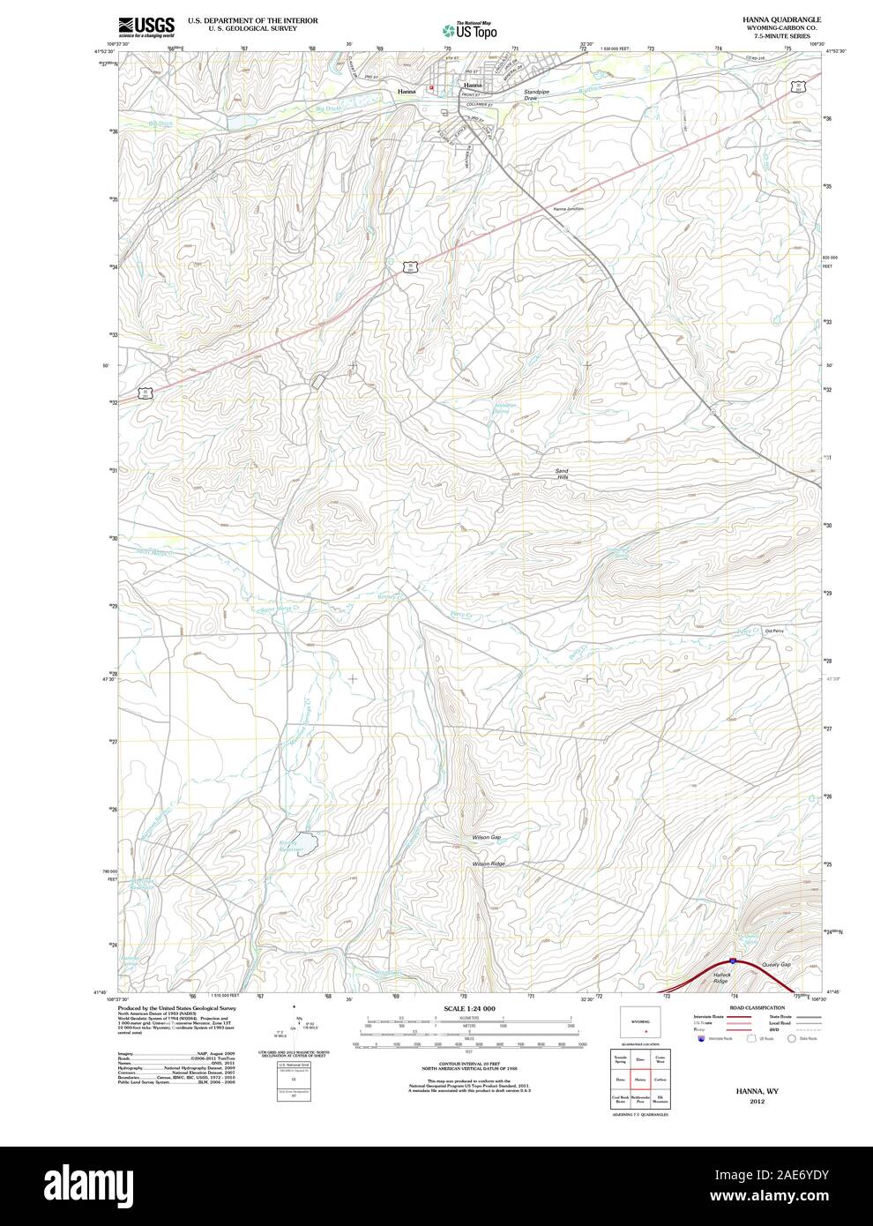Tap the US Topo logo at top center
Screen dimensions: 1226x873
click(x=471, y=30)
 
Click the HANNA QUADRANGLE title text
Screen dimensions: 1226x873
click(x=770, y=19)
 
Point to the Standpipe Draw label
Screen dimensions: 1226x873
click(x=536, y=95)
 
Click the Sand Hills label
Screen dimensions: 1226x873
click(x=562, y=474)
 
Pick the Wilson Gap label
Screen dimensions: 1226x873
click(x=487, y=836)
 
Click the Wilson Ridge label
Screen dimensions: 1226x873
click(x=489, y=863)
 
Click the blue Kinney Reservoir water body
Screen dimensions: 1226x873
click(x=304, y=841)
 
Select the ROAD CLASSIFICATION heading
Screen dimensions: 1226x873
click(x=757, y=1007)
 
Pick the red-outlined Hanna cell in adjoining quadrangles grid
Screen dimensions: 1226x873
click(x=641, y=1079)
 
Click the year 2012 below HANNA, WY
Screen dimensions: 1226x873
click(x=757, y=1102)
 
